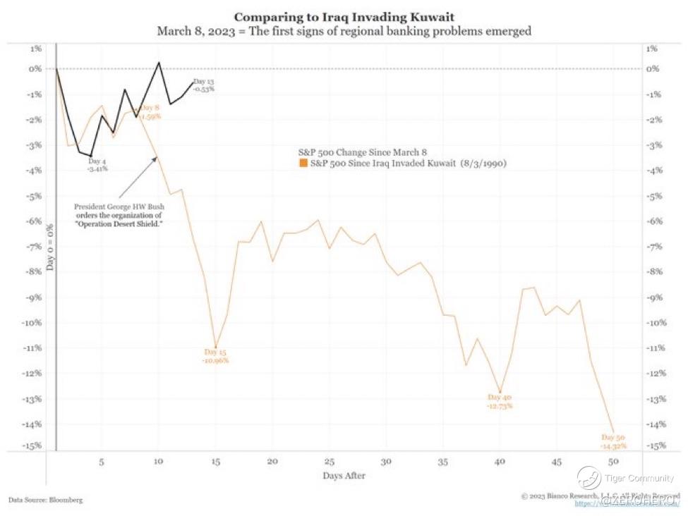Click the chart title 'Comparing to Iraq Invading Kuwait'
point(343,16)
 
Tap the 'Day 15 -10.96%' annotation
point(216,355)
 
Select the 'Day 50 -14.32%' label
point(613,442)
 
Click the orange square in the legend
point(303,164)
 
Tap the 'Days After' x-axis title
point(344,476)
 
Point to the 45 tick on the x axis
point(557,462)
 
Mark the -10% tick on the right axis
point(656,323)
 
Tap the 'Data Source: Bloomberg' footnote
point(45,500)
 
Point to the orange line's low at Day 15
point(216,346)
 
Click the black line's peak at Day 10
point(159,62)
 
